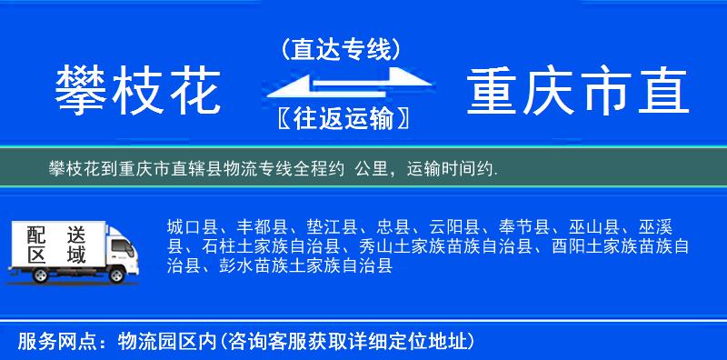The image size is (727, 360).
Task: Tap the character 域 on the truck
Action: [76, 255]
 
